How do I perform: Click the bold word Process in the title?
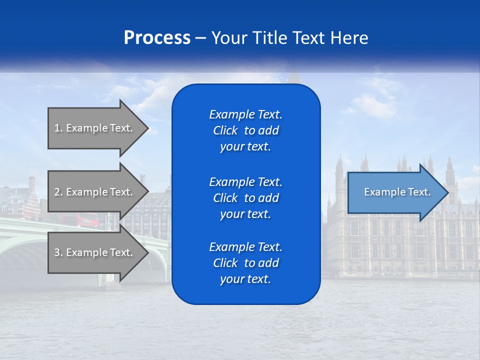tap(157, 38)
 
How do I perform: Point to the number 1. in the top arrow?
tap(58, 128)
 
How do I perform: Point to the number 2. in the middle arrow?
tap(58, 192)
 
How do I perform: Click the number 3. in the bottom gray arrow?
tap(58, 252)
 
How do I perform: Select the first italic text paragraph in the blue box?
tap(245, 130)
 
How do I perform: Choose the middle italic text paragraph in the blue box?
tap(245, 198)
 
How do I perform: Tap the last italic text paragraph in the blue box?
tap(245, 263)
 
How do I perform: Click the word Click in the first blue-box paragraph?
tap(225, 131)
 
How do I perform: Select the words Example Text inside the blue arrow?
tap(397, 192)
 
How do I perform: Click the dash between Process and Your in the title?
tap(200, 38)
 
